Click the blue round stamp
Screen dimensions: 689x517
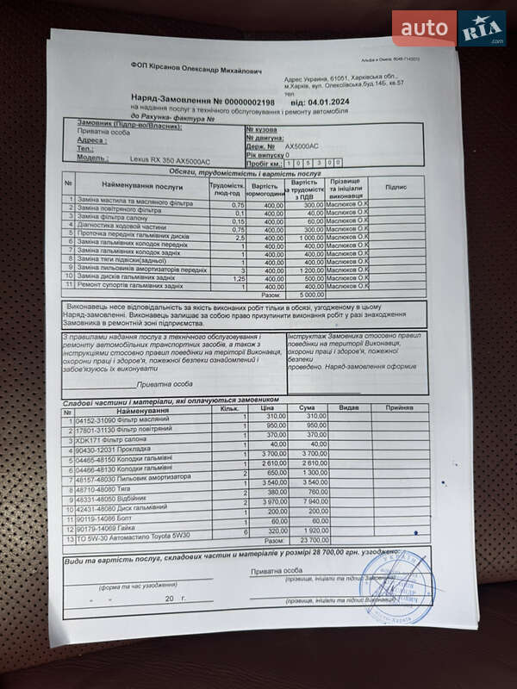pos(396,588)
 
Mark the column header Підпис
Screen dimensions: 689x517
pos(396,186)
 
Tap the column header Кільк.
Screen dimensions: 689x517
pos(229,409)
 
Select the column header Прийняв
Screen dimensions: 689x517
pos(399,407)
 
